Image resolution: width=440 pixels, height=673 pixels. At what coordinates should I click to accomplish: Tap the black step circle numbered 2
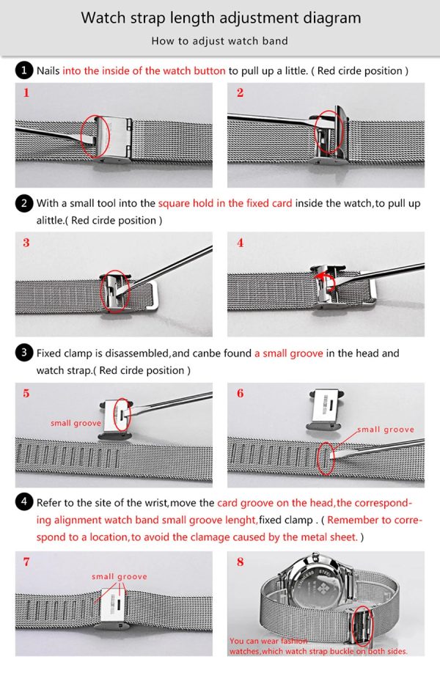(24, 203)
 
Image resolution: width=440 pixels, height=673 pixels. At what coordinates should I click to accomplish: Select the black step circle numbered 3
(24, 353)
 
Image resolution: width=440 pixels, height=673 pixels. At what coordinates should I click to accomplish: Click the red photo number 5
(26, 393)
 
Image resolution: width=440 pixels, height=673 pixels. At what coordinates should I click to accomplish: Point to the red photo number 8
(241, 562)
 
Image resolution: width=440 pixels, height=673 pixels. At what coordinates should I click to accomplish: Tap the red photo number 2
(241, 92)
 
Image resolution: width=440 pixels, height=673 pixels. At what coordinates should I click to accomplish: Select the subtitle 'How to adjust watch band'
(219, 41)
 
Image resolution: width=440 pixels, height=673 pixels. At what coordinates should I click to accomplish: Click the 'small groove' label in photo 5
(76, 423)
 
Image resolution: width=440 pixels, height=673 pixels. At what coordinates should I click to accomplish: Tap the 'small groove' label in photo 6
(386, 429)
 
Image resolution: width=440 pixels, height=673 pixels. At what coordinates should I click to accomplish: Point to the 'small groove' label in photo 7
(120, 576)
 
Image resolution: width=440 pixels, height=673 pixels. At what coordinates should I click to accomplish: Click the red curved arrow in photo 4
(323, 277)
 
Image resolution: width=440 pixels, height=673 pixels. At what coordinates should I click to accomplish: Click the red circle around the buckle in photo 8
(362, 628)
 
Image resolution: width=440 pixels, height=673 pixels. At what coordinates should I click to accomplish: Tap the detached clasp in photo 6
(326, 410)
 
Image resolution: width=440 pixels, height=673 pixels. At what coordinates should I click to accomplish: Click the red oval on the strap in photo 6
(326, 459)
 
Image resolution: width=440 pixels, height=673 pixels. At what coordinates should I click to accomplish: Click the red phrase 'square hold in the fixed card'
(225, 203)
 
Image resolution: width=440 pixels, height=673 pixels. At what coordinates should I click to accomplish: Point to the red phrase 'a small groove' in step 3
(288, 353)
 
